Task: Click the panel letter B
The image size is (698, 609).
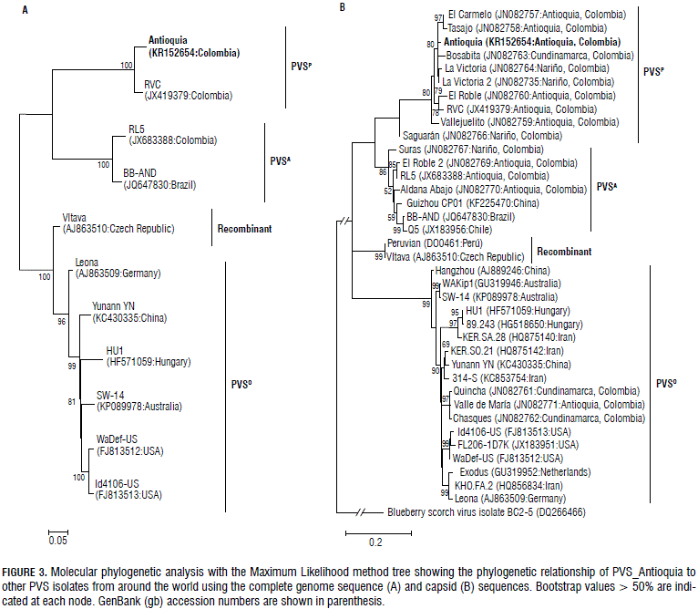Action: (x=342, y=7)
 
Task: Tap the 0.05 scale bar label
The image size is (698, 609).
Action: (x=58, y=540)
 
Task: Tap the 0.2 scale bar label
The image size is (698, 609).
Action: (x=375, y=541)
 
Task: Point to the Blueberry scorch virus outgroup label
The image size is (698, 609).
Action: (x=488, y=512)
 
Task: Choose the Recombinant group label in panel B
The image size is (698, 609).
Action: (x=568, y=251)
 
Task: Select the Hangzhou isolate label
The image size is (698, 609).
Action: (x=491, y=271)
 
